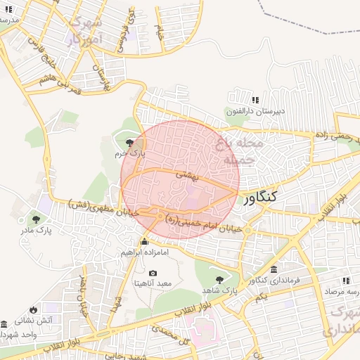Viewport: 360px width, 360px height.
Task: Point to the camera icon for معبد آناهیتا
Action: click(153, 274)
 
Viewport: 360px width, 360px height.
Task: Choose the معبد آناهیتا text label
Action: click(153, 283)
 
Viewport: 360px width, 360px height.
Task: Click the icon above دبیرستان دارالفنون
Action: click(255, 101)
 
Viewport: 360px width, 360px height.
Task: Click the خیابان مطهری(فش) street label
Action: click(89, 207)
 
